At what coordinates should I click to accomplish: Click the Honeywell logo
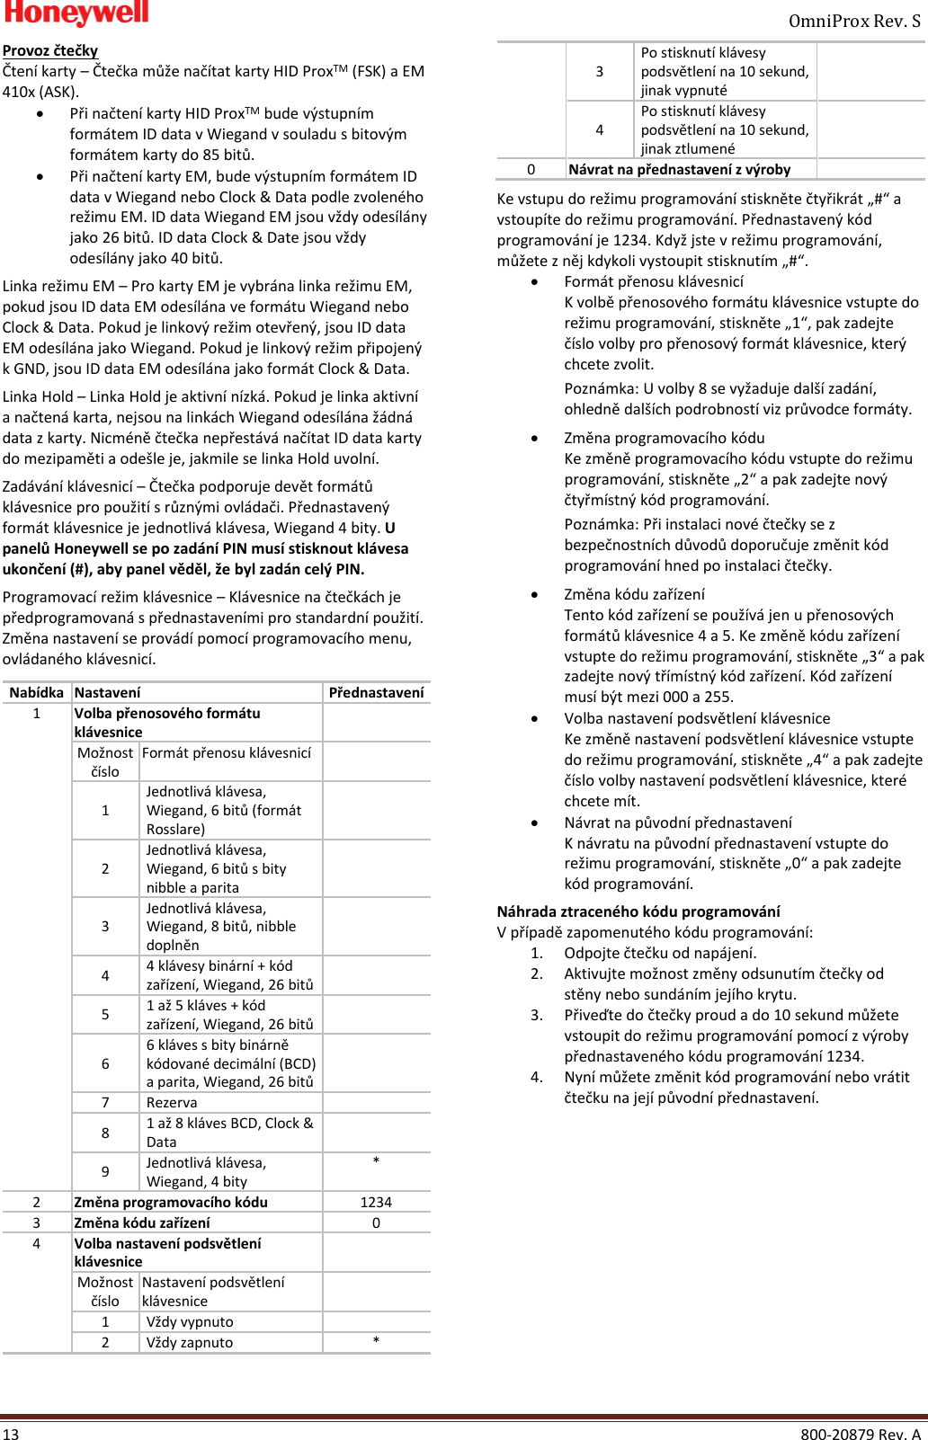click(x=76, y=13)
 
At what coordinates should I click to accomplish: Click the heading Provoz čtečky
click(x=50, y=51)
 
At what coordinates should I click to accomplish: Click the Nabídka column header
click(x=37, y=693)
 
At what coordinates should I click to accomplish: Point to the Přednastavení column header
click(x=376, y=693)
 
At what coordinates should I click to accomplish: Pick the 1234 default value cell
click(x=376, y=1203)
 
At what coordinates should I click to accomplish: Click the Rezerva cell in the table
click(x=172, y=1103)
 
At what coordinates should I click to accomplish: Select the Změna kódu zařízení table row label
click(x=142, y=1223)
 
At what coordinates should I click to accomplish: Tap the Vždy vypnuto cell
click(x=190, y=1322)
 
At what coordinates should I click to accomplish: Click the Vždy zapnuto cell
click(x=190, y=1343)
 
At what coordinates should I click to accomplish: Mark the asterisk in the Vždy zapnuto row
click(x=376, y=1341)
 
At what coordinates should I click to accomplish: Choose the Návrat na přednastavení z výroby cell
click(x=680, y=170)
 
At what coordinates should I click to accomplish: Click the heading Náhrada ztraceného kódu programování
click(x=638, y=911)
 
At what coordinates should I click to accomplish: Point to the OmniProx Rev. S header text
click(x=854, y=21)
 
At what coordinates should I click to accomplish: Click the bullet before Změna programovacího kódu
click(x=535, y=439)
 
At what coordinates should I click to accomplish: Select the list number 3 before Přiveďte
click(x=537, y=1016)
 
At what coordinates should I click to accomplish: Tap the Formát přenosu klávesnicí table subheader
click(x=227, y=753)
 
